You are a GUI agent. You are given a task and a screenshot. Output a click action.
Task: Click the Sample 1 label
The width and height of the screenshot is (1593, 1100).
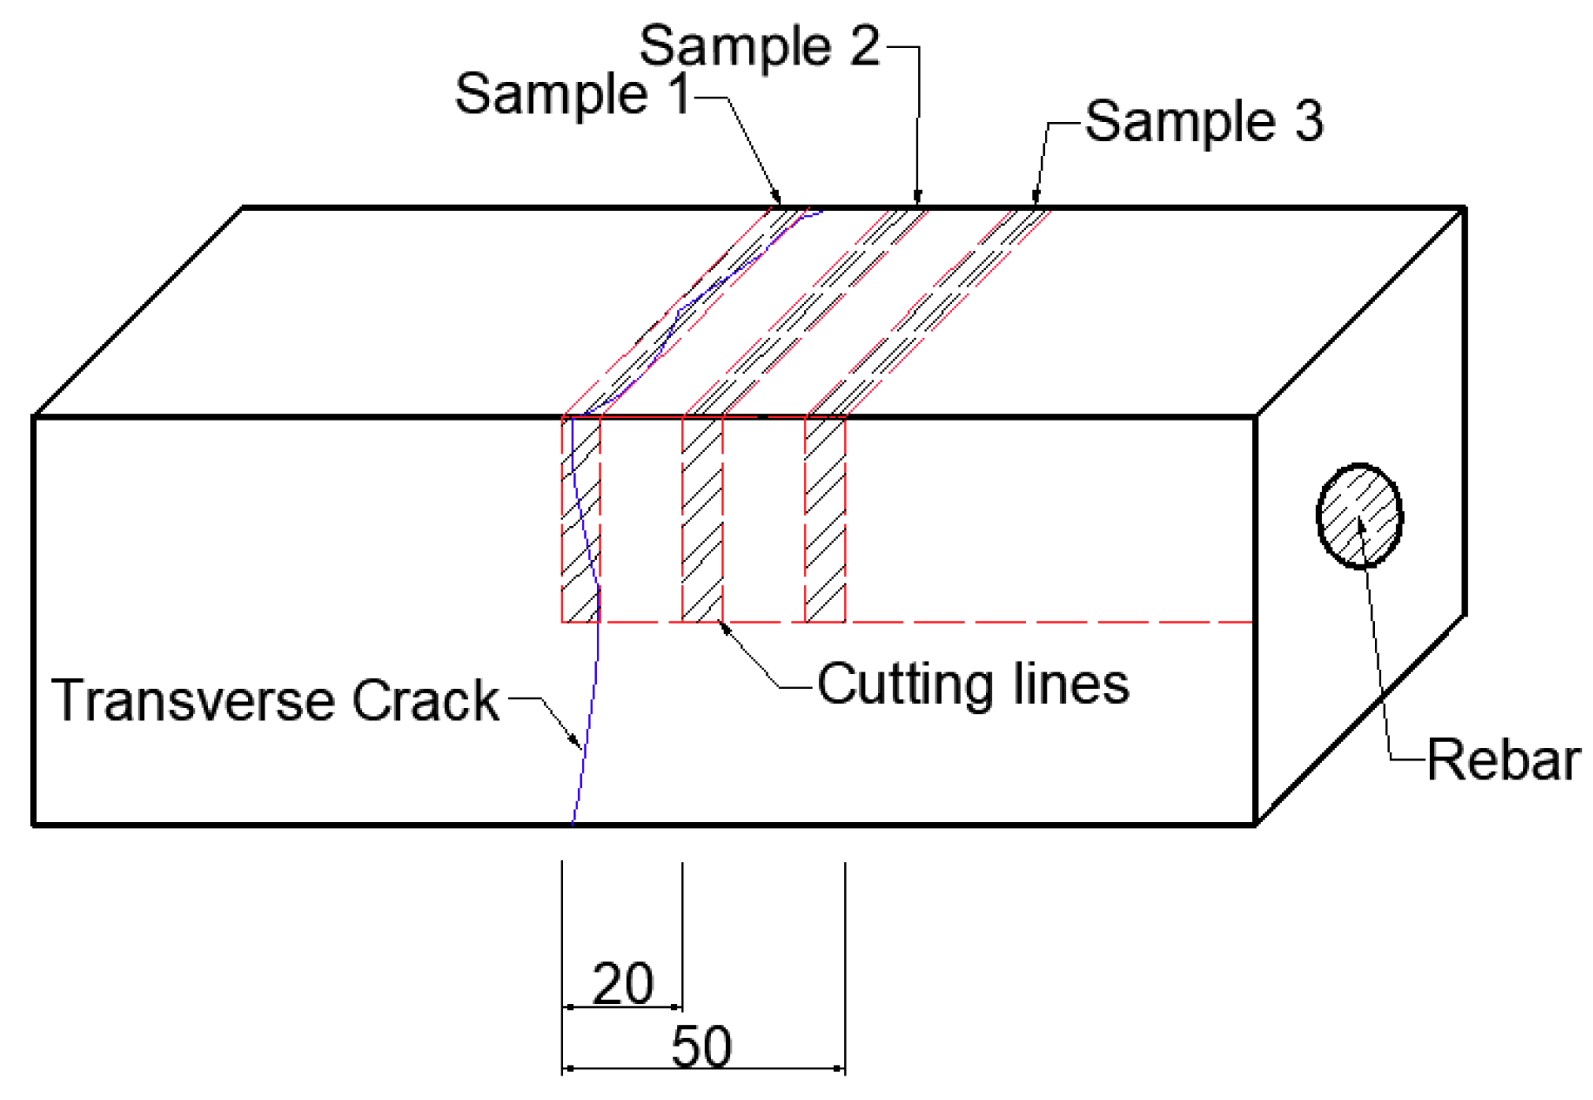click(572, 94)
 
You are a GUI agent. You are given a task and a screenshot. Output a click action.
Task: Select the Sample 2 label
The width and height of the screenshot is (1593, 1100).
click(759, 46)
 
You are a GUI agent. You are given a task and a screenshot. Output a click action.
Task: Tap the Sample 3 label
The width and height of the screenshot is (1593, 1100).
click(1204, 121)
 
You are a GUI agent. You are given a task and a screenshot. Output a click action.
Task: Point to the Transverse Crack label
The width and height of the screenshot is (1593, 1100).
click(275, 700)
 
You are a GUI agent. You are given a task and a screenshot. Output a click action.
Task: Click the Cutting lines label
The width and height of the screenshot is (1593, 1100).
click(972, 683)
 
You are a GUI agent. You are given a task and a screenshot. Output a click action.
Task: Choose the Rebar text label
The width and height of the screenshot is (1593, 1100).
click(1502, 760)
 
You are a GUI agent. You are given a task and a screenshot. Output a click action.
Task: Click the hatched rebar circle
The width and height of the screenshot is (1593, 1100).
click(1359, 516)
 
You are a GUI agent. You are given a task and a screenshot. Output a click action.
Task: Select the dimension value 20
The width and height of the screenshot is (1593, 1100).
click(622, 983)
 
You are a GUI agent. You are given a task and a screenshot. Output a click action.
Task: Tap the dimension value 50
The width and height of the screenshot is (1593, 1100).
click(701, 1046)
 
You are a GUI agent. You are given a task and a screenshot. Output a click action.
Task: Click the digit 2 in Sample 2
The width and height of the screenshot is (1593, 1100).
click(864, 46)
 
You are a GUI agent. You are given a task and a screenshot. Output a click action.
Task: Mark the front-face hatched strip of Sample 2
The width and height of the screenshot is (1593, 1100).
click(702, 520)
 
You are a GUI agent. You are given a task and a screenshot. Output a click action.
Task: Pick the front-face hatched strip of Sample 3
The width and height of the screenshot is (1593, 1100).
click(825, 520)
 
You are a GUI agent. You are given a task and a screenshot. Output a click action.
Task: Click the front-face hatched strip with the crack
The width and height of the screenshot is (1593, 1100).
click(581, 520)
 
